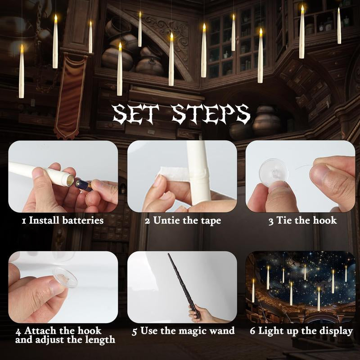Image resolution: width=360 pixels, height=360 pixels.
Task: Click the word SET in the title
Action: [136, 114]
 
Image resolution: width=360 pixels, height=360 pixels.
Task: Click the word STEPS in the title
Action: [211, 114]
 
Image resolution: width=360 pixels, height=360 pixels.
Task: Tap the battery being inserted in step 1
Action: [83, 185]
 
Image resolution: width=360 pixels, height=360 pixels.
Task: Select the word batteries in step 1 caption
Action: [83, 220]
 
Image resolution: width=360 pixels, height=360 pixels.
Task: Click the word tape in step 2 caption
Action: [211, 221]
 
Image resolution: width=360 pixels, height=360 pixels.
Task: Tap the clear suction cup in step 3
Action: [273, 172]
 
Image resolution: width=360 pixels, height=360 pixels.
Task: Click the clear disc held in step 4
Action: [65, 277]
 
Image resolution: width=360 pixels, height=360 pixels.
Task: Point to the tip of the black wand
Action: [169, 254]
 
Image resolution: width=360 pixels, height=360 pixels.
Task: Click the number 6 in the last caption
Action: [252, 331]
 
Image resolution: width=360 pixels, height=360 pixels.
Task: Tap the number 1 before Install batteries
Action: [24, 221]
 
